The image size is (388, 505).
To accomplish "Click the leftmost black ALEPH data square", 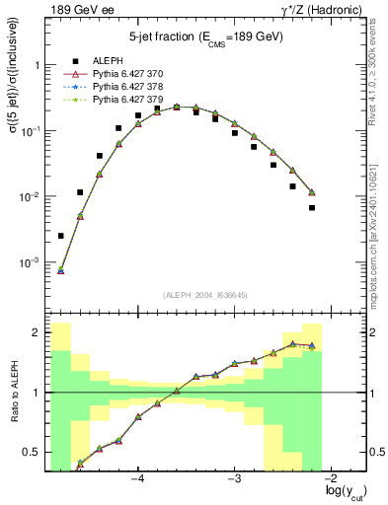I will tap(61, 236).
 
